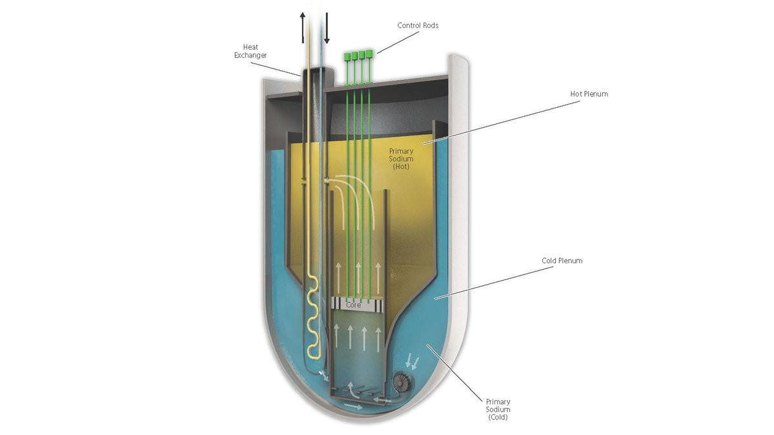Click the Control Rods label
(418, 25)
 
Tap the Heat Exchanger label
(250, 52)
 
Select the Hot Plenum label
(589, 94)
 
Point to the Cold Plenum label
(562, 261)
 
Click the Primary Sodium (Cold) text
(498, 409)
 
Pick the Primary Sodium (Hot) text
(401, 159)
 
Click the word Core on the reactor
(354, 305)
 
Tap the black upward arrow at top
(303, 28)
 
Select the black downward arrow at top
(326, 28)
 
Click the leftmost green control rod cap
(347, 56)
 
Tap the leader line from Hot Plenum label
(501, 123)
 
